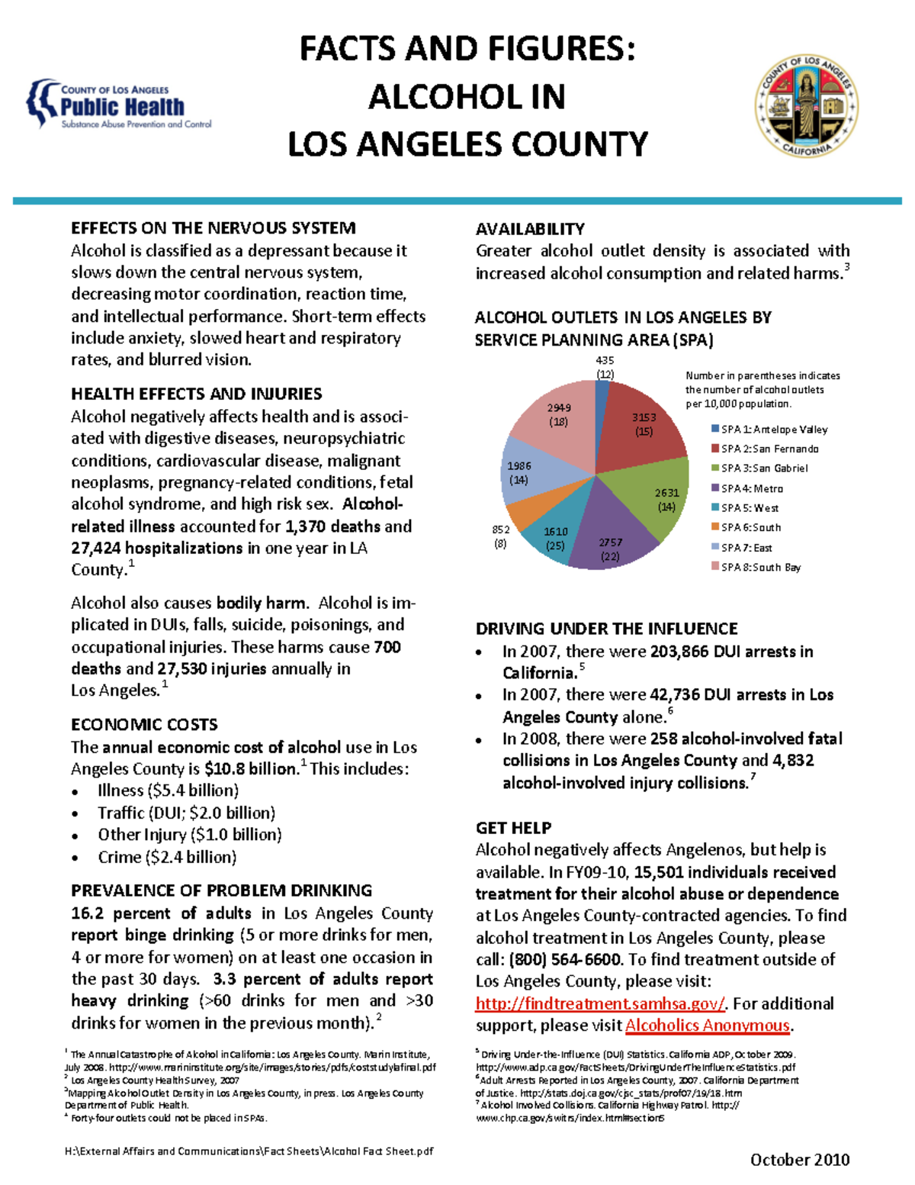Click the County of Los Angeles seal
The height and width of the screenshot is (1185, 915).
click(x=806, y=105)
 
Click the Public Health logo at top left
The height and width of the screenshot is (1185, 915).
click(x=119, y=105)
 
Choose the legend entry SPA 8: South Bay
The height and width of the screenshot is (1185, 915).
click(x=760, y=567)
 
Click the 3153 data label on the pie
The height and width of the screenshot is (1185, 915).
click(x=644, y=417)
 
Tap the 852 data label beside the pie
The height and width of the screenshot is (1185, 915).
click(x=500, y=530)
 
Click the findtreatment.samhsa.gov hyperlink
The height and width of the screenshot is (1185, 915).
click(x=600, y=1003)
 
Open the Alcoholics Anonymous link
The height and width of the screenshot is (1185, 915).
click(x=707, y=1026)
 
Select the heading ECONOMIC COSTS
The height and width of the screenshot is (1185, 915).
click(x=144, y=725)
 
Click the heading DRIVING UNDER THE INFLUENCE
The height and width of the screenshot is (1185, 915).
click(x=606, y=629)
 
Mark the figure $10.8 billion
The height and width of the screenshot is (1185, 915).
click(x=251, y=769)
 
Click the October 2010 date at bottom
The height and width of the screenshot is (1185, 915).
click(x=799, y=1160)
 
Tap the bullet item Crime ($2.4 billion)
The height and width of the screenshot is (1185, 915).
click(x=167, y=858)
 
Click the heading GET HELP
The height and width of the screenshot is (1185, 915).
click(x=513, y=828)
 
